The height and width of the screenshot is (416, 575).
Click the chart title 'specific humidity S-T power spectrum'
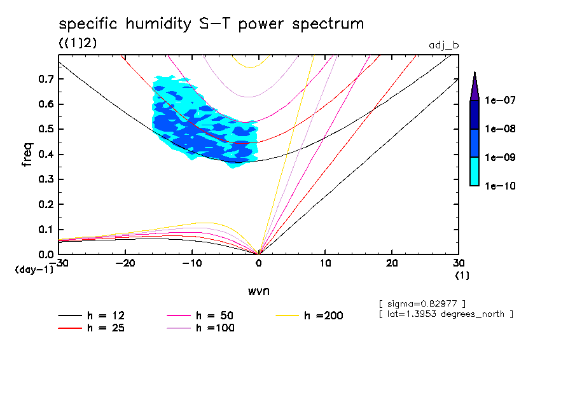[211, 24]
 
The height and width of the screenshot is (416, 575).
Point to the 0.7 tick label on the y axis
[46, 79]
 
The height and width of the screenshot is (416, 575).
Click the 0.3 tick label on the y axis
[46, 179]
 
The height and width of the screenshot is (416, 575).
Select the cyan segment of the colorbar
[474, 171]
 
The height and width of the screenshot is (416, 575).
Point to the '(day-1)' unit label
[34, 270]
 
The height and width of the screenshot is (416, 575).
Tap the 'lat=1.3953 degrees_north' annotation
[445, 314]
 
